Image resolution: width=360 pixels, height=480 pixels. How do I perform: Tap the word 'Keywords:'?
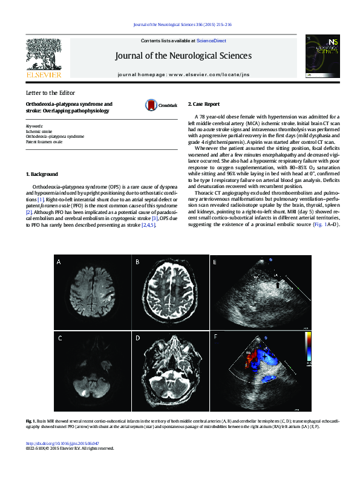34,126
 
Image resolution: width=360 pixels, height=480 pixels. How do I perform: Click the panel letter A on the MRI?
59,279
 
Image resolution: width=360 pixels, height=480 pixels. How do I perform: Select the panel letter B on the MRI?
137,279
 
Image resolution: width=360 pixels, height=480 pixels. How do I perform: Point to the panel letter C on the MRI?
59,339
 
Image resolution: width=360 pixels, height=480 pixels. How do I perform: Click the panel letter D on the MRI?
137,339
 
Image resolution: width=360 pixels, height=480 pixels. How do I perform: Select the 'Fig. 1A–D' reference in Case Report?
332,207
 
